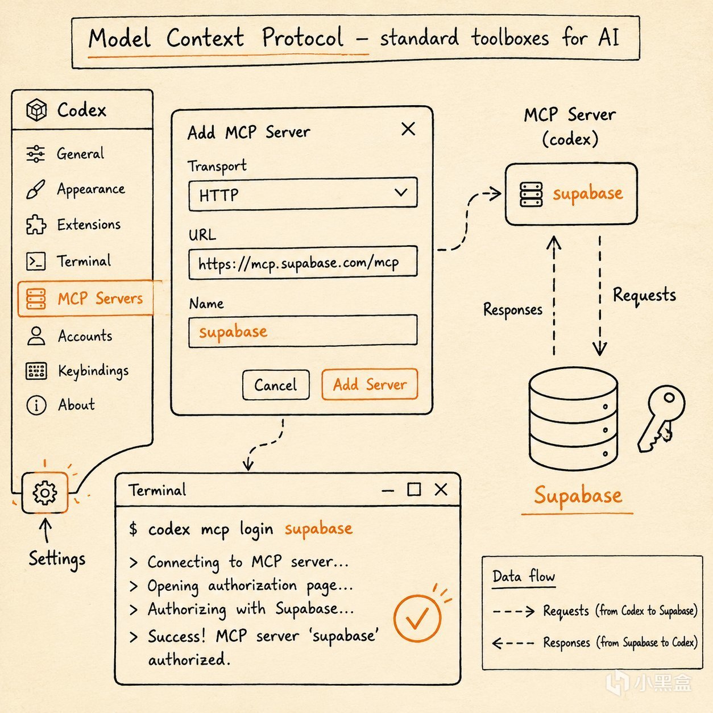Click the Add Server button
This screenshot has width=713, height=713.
(x=370, y=384)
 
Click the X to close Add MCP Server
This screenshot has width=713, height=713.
(x=408, y=128)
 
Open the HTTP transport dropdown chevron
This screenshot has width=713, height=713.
(x=401, y=192)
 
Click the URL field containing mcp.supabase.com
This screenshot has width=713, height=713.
(x=302, y=262)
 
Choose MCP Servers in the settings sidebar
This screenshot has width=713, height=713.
(x=85, y=299)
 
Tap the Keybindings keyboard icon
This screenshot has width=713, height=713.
(x=36, y=371)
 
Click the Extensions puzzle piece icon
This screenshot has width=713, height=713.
(x=36, y=225)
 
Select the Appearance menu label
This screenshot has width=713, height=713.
(x=91, y=189)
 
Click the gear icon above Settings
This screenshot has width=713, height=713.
(x=45, y=492)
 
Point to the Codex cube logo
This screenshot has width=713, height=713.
(x=36, y=110)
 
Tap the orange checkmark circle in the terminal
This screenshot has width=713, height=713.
(x=417, y=618)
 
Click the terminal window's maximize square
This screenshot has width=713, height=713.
(x=414, y=489)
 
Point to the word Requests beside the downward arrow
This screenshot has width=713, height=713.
(x=644, y=295)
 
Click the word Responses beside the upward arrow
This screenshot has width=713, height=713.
(x=513, y=309)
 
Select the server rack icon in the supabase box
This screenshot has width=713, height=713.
(x=531, y=194)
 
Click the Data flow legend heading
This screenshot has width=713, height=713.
(x=524, y=577)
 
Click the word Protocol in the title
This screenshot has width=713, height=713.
(x=302, y=38)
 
